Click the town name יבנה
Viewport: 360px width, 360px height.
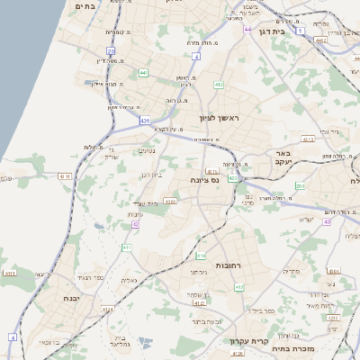tap(71, 297)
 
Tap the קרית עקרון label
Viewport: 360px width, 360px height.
tap(244, 340)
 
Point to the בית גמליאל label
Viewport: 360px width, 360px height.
tap(121, 342)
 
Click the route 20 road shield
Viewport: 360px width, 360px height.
tap(111, 51)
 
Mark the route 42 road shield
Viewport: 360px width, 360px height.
tap(135, 224)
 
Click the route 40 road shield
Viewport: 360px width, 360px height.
tap(328, 221)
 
